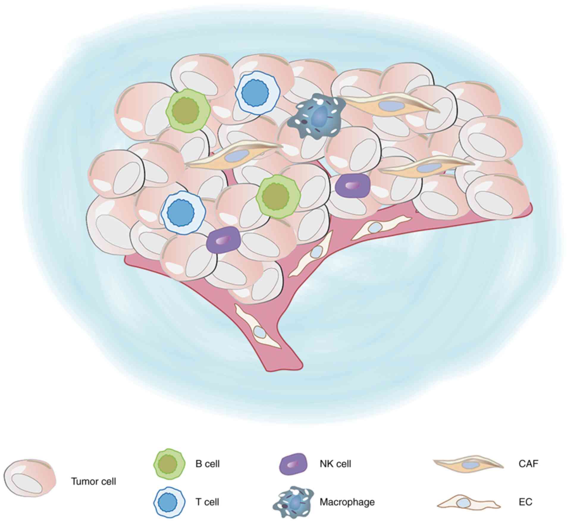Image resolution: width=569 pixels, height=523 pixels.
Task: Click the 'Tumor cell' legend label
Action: (x=93, y=481)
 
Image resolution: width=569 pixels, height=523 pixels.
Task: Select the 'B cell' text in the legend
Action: (x=207, y=464)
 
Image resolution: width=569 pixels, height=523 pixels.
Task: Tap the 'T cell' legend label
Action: (x=207, y=502)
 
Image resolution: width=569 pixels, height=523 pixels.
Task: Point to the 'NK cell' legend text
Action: (x=335, y=464)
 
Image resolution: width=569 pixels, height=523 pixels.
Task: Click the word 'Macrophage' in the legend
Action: (x=347, y=502)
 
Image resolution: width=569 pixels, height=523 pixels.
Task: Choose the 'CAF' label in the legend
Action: (x=529, y=463)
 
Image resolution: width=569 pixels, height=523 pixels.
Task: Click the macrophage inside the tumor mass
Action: (x=317, y=116)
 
